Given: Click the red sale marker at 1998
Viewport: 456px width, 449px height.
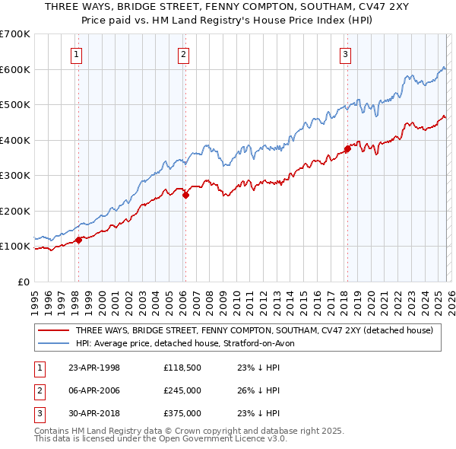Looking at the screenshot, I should [78, 240].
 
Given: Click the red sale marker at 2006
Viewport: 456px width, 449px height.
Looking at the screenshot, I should [185, 195].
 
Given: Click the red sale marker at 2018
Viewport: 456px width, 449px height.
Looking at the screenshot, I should [347, 149].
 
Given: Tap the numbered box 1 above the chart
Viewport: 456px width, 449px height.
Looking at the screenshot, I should [78, 53].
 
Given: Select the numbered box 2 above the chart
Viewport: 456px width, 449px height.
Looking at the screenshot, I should [184, 53].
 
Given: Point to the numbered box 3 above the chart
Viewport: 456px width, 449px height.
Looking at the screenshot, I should [346, 53].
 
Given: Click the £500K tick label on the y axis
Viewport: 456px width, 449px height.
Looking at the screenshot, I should [15, 104].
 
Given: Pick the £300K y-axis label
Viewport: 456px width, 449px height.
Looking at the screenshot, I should [15, 175].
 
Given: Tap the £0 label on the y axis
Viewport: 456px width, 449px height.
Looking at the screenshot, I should [23, 282].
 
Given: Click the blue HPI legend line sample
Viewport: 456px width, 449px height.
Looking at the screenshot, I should [53, 343].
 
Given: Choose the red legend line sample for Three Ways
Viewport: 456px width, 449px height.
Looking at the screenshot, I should [53, 330].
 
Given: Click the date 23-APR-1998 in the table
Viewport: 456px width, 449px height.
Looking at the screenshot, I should [94, 368].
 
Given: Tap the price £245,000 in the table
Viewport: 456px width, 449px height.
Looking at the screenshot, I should [182, 390].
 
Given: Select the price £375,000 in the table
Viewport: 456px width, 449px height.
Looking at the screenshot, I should [182, 413].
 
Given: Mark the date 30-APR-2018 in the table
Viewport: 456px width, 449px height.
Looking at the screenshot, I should [94, 413].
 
